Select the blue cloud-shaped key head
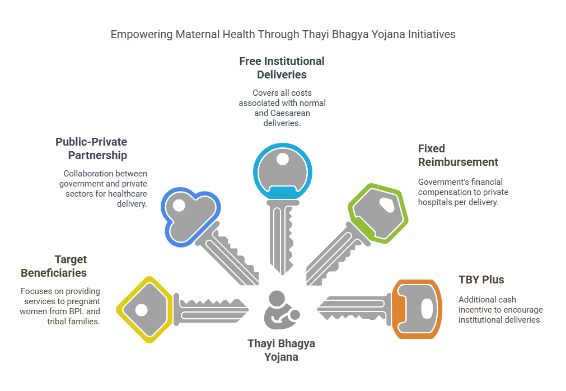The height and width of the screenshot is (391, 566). (187, 212)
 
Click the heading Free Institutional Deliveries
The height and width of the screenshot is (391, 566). (282, 67)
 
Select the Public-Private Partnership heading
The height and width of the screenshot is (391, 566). (91, 148)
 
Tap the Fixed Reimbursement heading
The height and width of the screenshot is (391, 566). (457, 155)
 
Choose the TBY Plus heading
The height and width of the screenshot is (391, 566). (481, 280)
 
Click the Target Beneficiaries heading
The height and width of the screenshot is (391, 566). (54, 266)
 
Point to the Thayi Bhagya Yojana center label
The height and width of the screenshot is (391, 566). (281, 350)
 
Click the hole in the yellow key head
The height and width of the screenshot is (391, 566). (141, 309)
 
